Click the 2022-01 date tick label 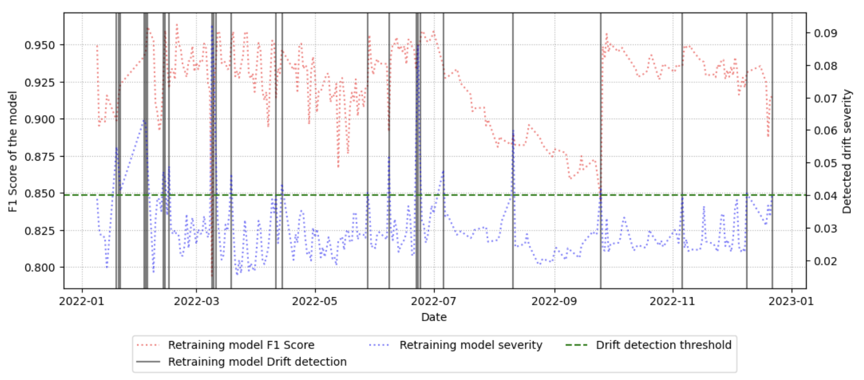point(81,301)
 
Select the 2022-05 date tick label point(314,301)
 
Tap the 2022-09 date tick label point(554,301)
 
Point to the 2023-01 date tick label point(791,301)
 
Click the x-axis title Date point(433,317)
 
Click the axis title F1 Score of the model point(12,151)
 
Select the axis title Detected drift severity point(847,151)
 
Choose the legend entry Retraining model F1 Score point(240,345)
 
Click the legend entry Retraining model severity point(470,345)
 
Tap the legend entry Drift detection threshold point(663,345)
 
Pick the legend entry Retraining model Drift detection point(256,362)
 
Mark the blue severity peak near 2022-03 point(212,27)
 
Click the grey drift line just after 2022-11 point(682,150)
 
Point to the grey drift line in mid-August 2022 point(513,150)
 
